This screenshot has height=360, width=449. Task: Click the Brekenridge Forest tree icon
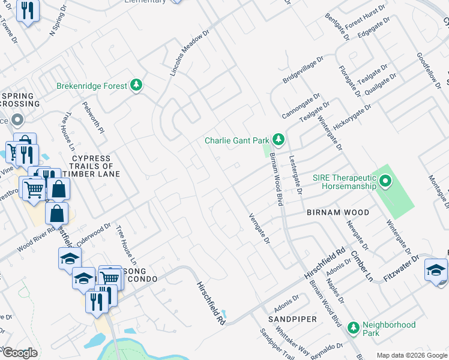(137, 86)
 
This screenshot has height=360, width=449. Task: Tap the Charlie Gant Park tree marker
(278, 140)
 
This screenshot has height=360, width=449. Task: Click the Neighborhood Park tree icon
(354, 328)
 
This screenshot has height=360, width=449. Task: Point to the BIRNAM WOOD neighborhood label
(338, 212)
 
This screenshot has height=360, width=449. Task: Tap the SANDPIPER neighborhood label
(292, 319)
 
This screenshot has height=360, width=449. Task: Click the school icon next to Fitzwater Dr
(435, 269)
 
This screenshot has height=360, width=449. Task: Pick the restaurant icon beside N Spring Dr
(28, 11)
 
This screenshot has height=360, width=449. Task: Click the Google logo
(19, 352)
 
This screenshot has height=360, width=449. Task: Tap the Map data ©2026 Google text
(411, 355)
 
